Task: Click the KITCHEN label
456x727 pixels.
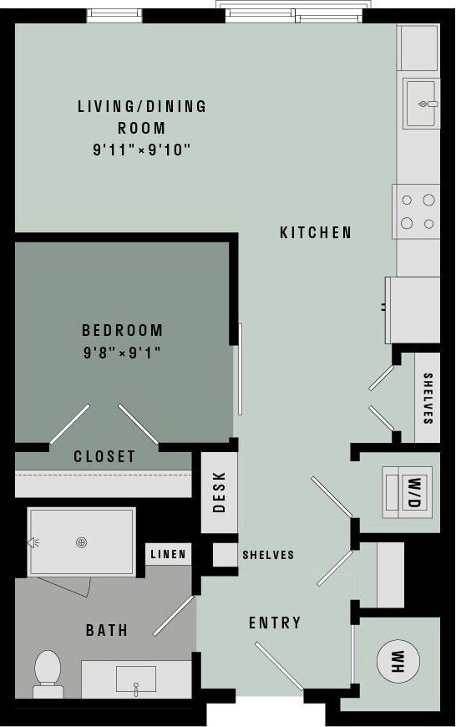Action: click(316, 233)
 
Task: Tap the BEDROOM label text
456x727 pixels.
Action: click(122, 330)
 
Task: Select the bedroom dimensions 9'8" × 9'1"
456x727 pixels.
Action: click(122, 353)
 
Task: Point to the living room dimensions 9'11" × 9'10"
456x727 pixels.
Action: click(142, 150)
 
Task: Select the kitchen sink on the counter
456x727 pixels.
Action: click(421, 104)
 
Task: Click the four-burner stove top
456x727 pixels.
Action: click(417, 211)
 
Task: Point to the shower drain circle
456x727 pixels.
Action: click(82, 542)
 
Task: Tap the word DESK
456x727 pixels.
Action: click(220, 491)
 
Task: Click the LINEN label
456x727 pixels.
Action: click(168, 554)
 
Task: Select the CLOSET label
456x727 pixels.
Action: click(104, 456)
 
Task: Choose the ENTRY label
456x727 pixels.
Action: click(275, 623)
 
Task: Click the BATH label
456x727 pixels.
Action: click(107, 630)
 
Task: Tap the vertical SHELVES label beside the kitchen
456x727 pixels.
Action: click(428, 399)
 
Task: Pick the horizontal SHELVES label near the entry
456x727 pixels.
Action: click(268, 555)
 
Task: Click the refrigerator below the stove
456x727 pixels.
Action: click(413, 309)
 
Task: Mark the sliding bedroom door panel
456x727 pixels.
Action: click(240, 369)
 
